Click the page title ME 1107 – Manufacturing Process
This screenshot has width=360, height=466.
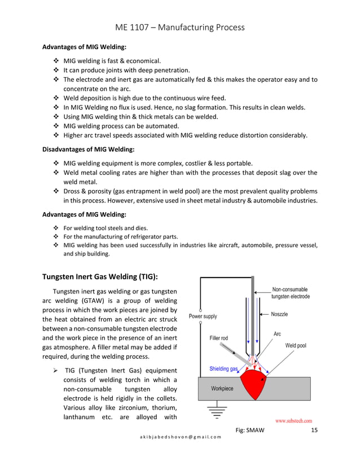[179, 27]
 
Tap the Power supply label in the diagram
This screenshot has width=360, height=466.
[203, 316]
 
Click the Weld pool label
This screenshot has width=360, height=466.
[295, 345]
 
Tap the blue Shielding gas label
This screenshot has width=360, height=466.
[223, 369]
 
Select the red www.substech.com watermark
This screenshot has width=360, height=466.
[293, 421]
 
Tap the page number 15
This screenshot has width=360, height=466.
[314, 431]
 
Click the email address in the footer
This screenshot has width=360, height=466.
[179, 437]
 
